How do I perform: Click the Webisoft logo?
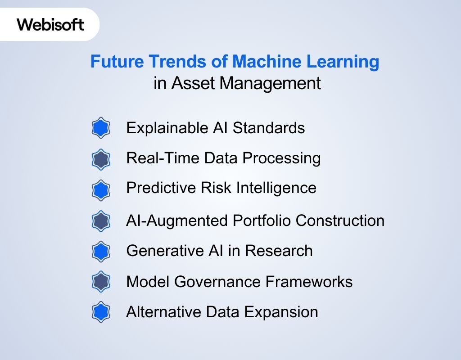(50, 24)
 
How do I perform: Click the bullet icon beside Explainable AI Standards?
(101, 128)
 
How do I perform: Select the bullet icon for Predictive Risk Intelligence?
(101, 189)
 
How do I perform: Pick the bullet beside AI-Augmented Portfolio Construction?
(101, 221)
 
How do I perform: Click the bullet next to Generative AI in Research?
(101, 251)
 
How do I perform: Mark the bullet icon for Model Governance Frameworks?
(101, 282)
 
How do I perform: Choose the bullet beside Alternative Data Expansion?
(101, 312)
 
